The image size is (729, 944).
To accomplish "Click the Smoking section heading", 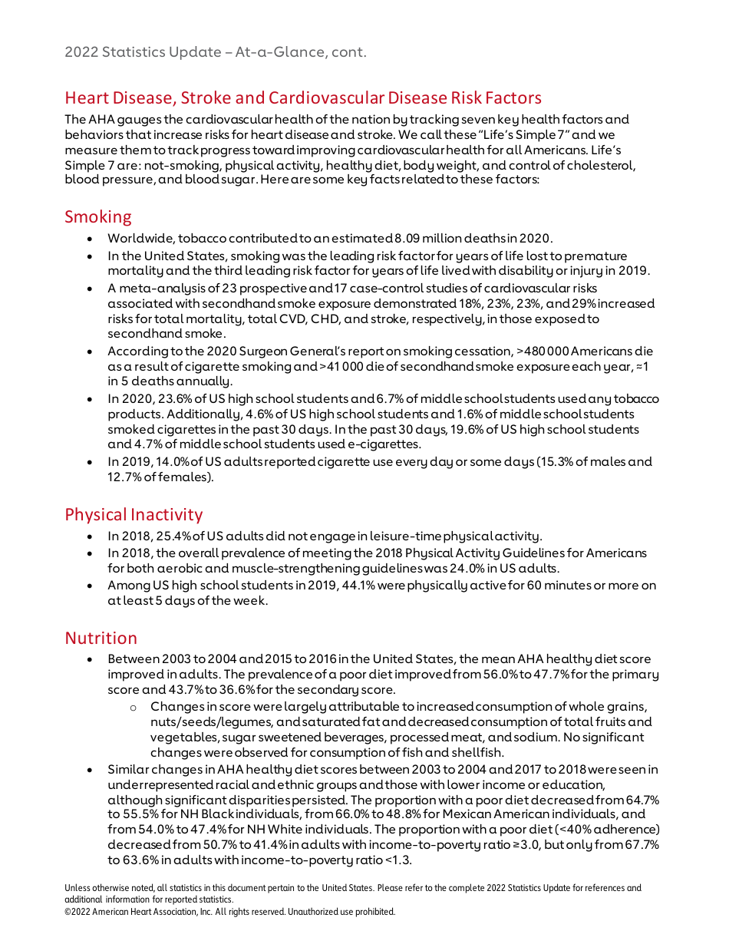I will [98, 216].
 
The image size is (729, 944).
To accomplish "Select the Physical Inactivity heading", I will [134, 514].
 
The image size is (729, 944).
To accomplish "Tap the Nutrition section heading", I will [101, 638].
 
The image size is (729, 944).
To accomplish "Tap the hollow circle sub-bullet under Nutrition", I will [133, 706].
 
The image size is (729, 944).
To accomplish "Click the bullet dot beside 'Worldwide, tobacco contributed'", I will [91, 239].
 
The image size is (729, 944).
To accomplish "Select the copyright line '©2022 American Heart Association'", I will [230, 912].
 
